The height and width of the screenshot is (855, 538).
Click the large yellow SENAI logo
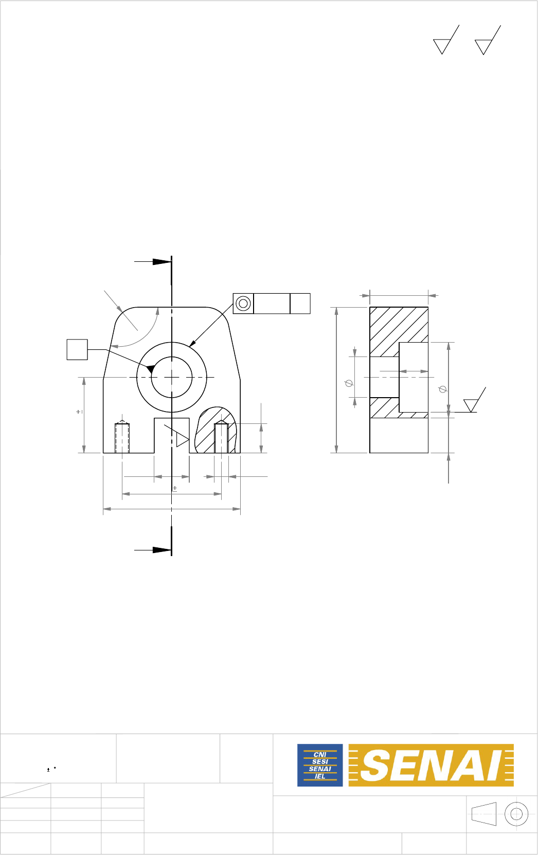[x=431, y=765]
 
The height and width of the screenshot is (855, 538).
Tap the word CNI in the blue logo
[x=320, y=755]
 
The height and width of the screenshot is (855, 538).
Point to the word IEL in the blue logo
[x=320, y=776]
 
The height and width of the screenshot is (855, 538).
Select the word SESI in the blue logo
[x=320, y=761]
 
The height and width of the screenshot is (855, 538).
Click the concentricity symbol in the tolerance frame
[x=243, y=304]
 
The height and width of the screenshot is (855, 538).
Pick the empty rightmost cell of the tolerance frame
[x=300, y=304]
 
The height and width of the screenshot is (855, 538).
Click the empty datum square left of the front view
[x=77, y=349]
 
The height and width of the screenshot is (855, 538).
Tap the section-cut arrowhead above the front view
[x=162, y=262]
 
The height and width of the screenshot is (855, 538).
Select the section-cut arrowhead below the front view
[x=162, y=550]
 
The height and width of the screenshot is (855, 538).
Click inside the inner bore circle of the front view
[x=172, y=377]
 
